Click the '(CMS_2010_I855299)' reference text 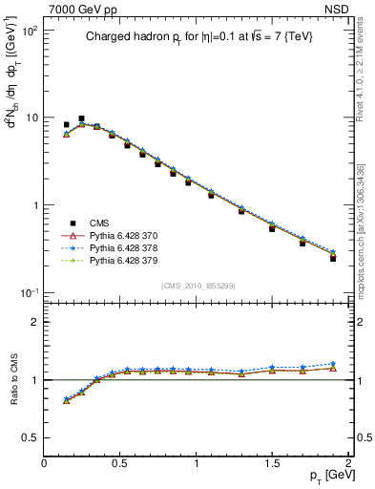197,285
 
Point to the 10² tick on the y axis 29,31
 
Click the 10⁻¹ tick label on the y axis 28,292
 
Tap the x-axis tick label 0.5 120,461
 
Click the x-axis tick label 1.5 273,461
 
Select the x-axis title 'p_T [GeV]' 324,476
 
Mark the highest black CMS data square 81,118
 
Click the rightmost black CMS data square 333,258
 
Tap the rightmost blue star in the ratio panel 333,364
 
